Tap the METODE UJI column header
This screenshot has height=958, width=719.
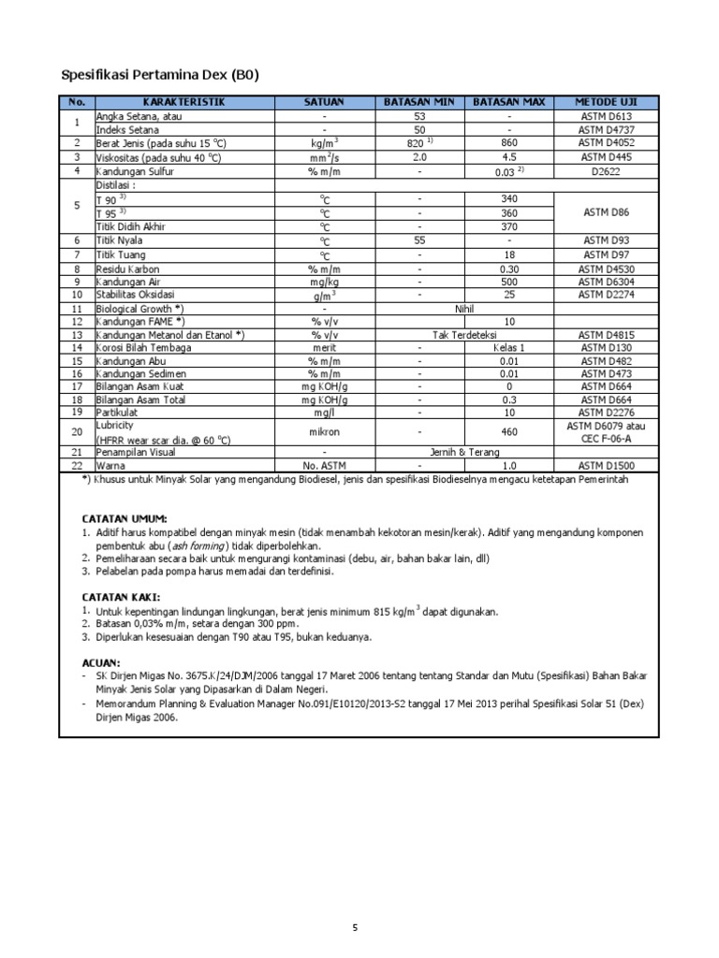point(608,102)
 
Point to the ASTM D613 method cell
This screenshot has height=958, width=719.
point(608,116)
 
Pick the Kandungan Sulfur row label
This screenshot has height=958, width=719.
point(135,171)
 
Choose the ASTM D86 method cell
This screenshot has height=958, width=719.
point(608,212)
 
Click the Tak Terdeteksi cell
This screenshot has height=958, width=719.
point(465,334)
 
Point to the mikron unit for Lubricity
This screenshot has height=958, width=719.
point(324,433)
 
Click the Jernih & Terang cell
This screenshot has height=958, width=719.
point(465,451)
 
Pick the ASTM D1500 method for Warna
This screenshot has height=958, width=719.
point(608,465)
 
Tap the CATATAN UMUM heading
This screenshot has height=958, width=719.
point(125,517)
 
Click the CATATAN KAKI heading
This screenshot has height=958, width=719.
point(121,596)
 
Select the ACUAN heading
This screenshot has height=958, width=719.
point(101,661)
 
